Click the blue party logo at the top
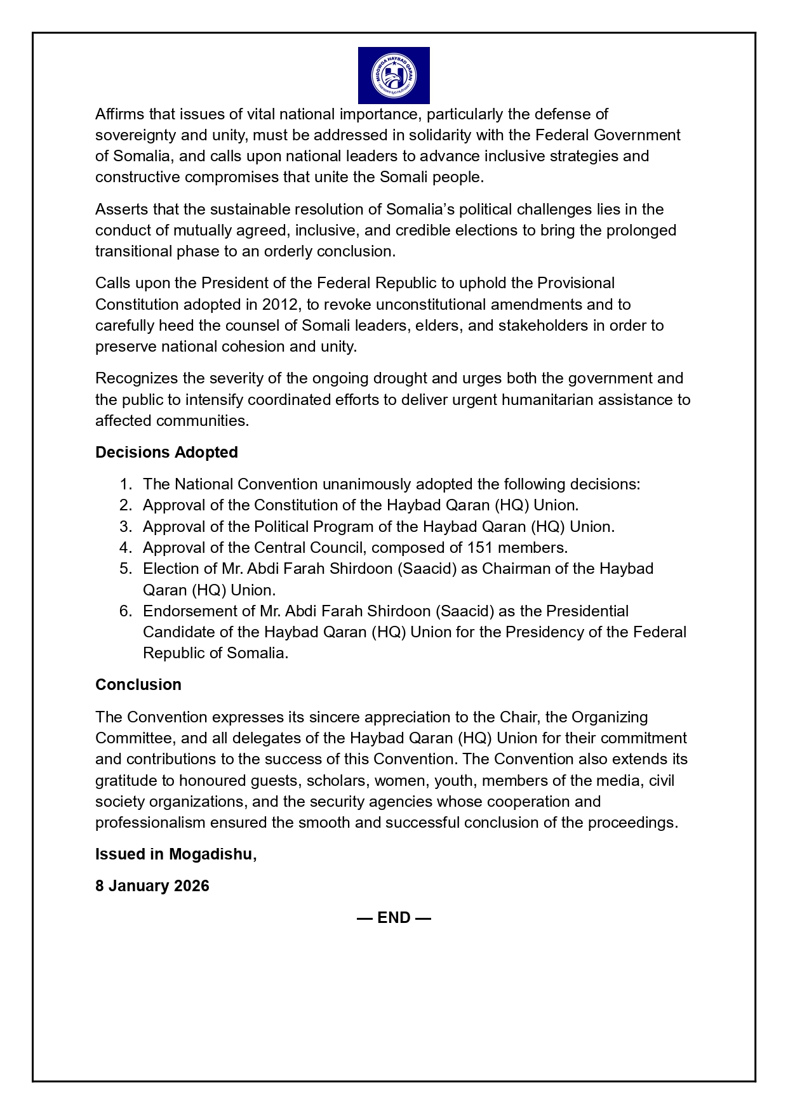394,76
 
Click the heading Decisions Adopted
166,453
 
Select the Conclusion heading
138,685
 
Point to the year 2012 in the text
280,305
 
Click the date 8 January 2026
152,886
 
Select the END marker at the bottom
394,918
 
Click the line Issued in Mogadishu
176,854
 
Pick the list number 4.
125,548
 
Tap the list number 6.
125,611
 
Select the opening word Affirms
119,114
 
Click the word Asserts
120,209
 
